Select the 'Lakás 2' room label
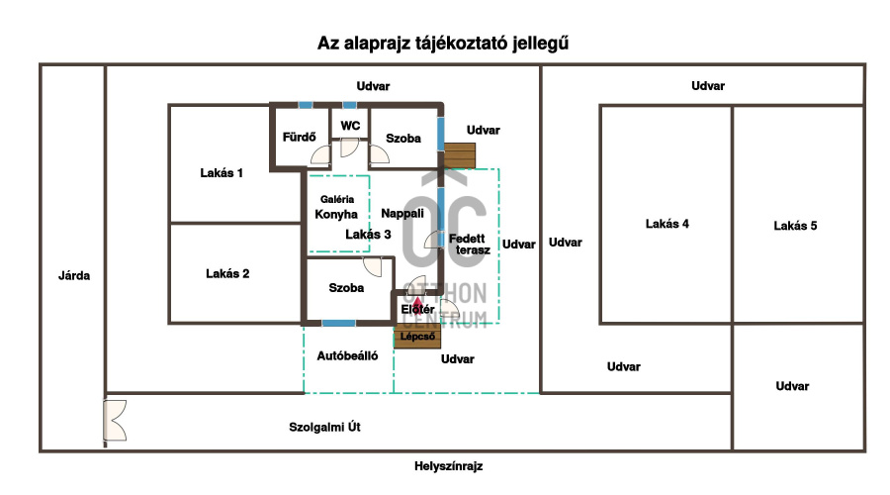point(227,273)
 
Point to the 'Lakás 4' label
point(667,224)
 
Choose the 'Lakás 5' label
point(795,226)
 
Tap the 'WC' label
point(350,126)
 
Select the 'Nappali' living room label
point(402,213)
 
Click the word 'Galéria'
point(336,199)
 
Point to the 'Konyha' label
point(336,214)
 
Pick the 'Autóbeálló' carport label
point(347,355)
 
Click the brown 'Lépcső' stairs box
point(418,337)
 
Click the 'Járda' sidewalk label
point(74,275)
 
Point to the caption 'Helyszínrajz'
point(447,465)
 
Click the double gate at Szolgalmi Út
point(114,420)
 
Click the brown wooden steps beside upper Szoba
point(459,155)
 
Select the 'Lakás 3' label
point(368,235)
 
